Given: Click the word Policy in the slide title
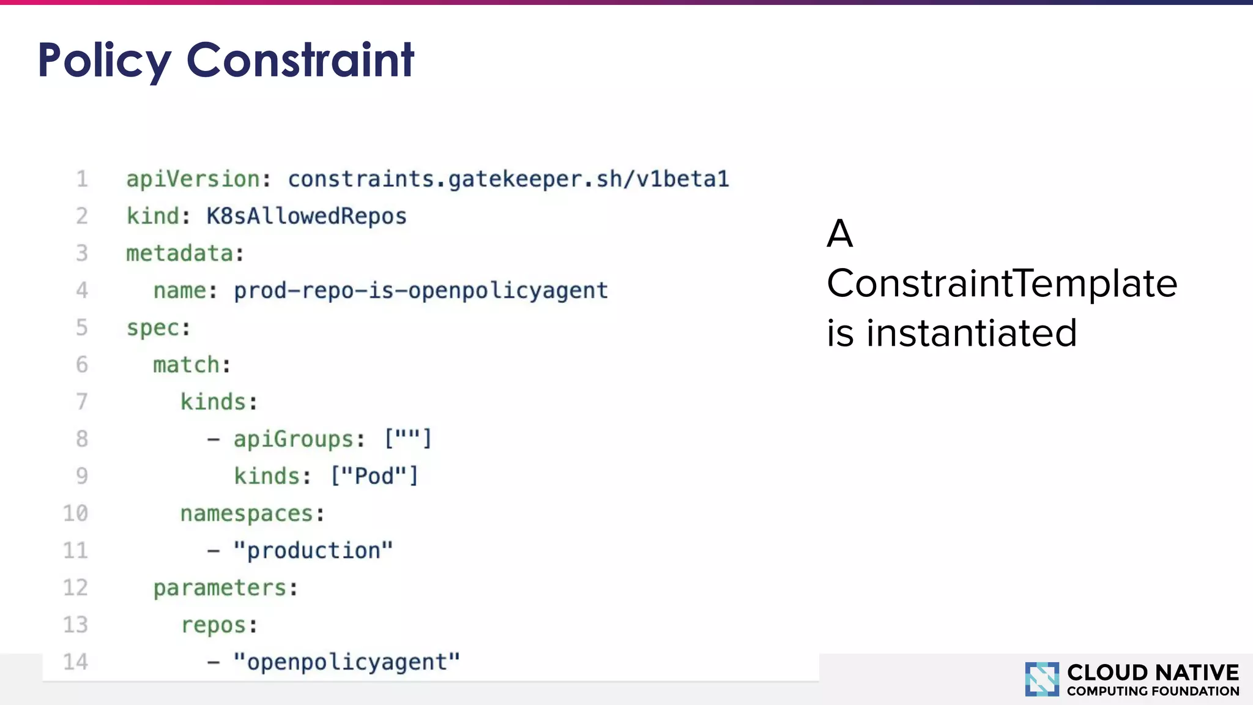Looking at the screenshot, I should pos(104,61).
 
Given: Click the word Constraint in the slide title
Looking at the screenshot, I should pos(300,60).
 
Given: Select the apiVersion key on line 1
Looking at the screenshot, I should pos(193,179).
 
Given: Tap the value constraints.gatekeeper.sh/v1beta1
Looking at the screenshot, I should pos(508,179).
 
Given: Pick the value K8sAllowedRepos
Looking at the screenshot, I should pos(306,217).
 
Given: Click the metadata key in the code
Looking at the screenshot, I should pos(180,253).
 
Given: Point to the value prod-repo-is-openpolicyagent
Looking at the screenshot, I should pos(421,291).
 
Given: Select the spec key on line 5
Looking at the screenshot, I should pos(153,328).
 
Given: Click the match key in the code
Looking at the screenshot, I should pos(187,365).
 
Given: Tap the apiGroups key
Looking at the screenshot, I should pos(294,439).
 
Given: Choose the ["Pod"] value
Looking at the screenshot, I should pos(374,476).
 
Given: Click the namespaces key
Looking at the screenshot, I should pos(247,513).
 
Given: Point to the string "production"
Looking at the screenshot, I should pos(313,551).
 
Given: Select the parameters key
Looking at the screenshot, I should pos(220,588).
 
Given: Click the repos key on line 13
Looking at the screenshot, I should pos(214,625).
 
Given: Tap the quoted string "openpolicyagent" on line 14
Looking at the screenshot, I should pos(346,662).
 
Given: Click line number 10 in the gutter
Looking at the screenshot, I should pos(76,513).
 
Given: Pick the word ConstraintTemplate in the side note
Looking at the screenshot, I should pos(1002,284).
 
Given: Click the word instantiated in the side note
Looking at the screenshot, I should pos(972,334).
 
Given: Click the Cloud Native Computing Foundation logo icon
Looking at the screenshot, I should pos(1041,679).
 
